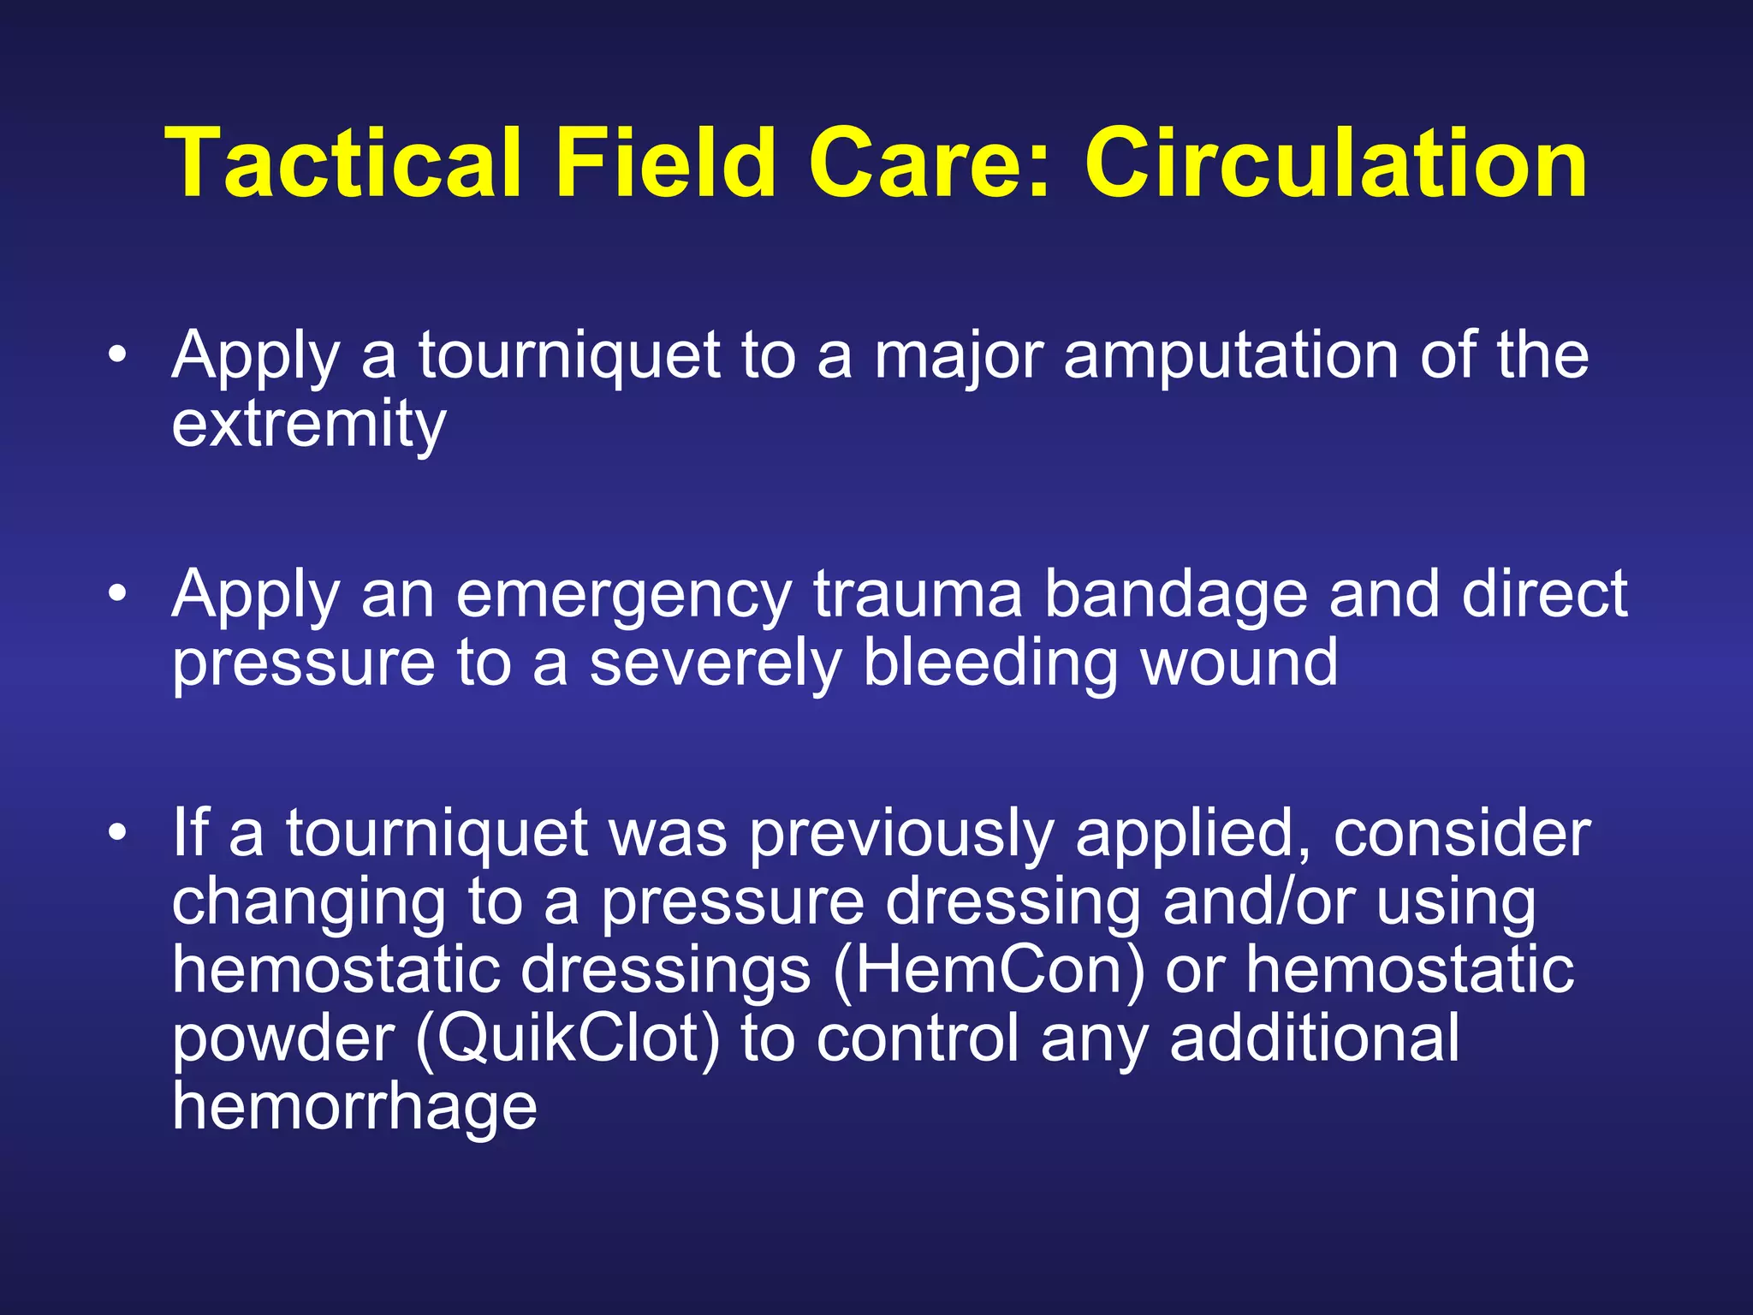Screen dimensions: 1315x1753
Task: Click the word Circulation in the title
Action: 1335,163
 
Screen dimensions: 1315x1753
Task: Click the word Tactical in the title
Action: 342,163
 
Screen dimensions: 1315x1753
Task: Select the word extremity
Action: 309,425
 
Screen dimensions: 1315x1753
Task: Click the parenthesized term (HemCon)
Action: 989,970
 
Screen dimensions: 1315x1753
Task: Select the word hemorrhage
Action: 354,1107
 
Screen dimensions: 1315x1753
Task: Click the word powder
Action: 283,1038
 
